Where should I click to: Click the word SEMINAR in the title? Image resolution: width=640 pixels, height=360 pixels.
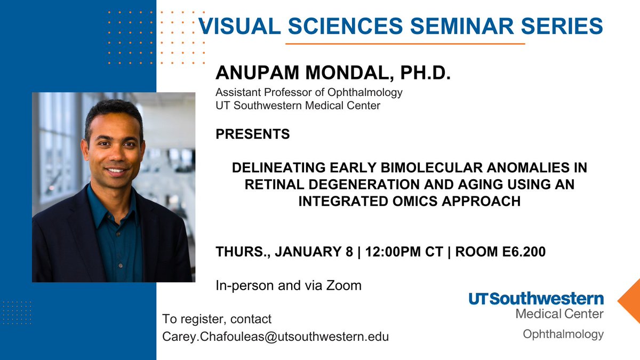454,26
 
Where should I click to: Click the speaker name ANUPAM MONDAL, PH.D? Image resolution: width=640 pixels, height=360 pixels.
333,74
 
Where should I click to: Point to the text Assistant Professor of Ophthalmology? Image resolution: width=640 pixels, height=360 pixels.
309,92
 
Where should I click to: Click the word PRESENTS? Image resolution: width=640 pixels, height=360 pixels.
252,134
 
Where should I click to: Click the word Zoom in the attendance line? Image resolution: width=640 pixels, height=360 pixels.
344,285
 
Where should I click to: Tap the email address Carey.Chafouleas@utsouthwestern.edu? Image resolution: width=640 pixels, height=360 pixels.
275,337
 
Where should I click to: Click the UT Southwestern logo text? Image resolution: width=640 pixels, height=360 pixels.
536,299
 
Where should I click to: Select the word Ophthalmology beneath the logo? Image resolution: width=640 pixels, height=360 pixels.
563,334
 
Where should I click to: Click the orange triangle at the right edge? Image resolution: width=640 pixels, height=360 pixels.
630,301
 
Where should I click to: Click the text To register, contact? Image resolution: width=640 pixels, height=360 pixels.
217,319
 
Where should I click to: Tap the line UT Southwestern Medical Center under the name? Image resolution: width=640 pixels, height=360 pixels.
298,106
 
